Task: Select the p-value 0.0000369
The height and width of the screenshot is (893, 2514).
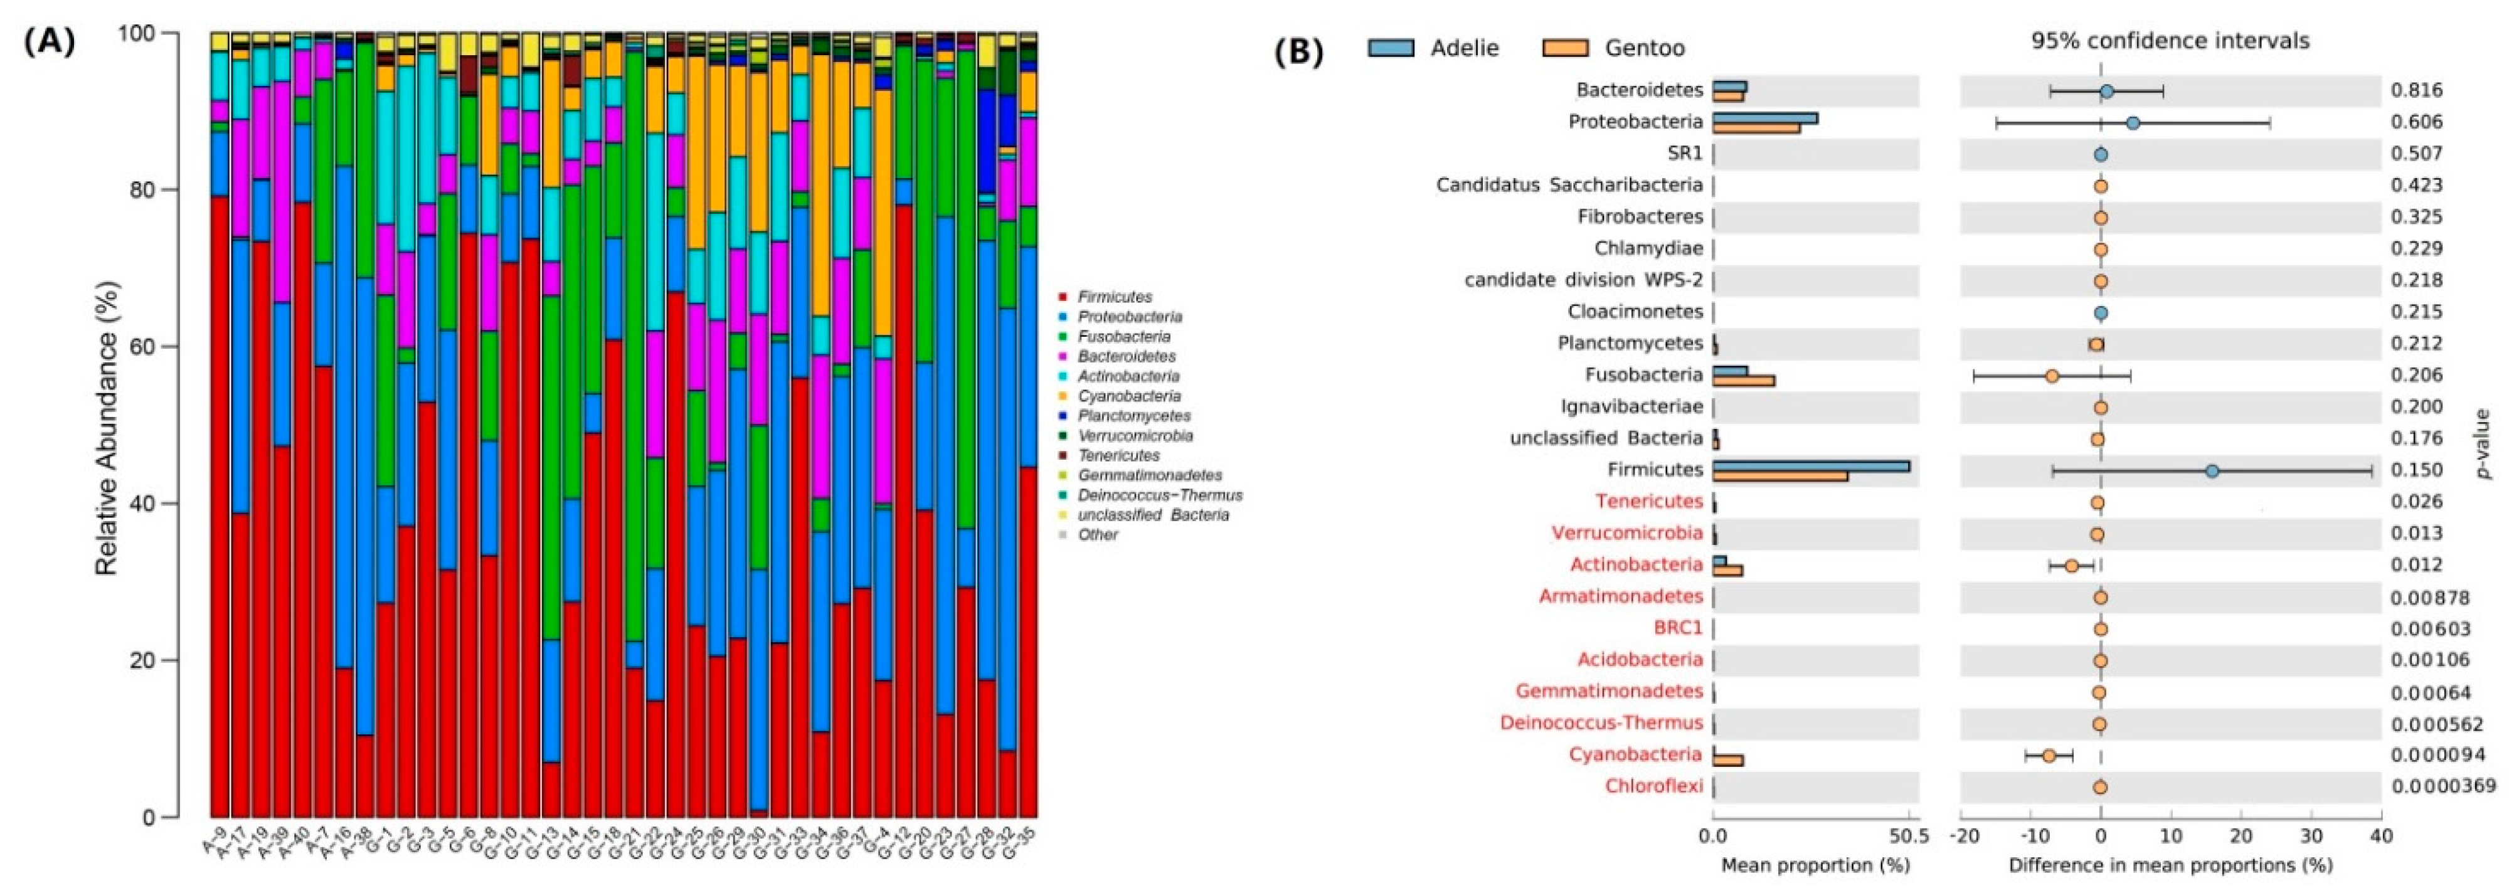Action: tap(2442, 786)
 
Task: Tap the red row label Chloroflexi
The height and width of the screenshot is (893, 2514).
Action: tap(1654, 786)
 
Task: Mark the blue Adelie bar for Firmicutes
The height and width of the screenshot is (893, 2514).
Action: tap(1810, 465)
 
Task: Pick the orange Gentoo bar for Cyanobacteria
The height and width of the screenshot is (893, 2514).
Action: tap(1727, 760)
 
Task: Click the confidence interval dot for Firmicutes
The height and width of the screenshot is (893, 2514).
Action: tap(2212, 470)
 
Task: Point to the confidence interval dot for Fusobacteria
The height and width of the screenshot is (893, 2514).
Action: tap(2052, 376)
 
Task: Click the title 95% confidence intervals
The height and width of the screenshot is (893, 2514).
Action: tap(2170, 41)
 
